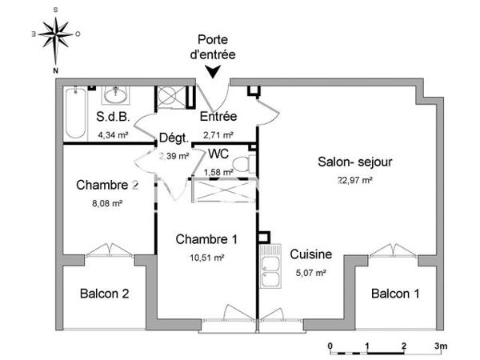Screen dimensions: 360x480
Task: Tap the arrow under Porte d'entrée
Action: [214, 73]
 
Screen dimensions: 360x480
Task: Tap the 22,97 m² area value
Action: [355, 180]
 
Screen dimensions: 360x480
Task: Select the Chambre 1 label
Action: [206, 238]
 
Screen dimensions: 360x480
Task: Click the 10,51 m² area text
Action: [206, 257]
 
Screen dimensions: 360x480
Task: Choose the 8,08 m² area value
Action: [107, 203]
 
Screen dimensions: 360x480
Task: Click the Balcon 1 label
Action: [395, 293]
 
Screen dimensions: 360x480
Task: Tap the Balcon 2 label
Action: [104, 293]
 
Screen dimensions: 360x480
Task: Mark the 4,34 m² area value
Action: [113, 135]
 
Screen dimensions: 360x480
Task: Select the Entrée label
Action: [217, 117]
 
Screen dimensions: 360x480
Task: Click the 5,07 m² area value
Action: [311, 272]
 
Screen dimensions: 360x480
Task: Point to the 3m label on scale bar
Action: [442, 346]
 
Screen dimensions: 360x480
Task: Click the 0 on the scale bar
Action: [330, 346]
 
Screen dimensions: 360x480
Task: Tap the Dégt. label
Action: [173, 138]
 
